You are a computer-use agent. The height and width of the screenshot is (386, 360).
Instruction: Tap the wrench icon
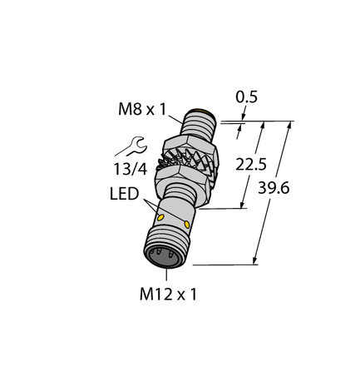coord(132,150)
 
